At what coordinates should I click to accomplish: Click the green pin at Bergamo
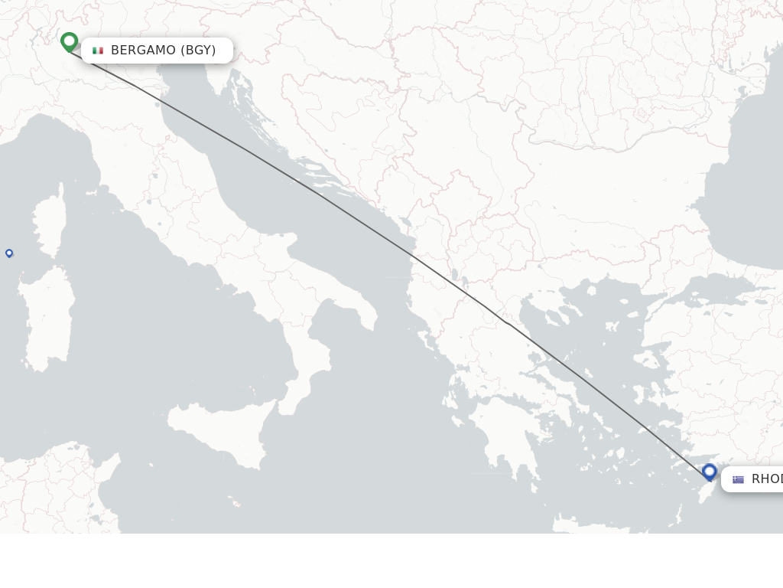(70, 41)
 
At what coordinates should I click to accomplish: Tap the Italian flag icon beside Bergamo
(98, 51)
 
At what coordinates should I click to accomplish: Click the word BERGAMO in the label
(143, 51)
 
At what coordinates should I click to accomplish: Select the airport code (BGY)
(198, 51)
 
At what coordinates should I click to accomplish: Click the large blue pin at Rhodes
(710, 472)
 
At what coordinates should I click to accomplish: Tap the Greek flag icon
(738, 479)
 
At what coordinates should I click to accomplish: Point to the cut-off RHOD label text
(766, 479)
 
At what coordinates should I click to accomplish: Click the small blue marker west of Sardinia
(9, 253)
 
